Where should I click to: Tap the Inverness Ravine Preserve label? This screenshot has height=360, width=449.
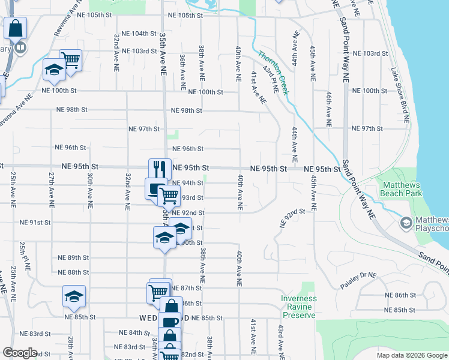pyautogui.click(x=299, y=307)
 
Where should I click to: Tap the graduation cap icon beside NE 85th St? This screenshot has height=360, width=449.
pyautogui.click(x=74, y=296)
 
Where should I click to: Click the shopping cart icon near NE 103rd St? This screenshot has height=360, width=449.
pyautogui.click(x=70, y=60)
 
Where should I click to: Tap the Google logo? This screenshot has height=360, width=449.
pyautogui.click(x=20, y=353)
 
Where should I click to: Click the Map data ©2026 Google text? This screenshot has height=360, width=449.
pyautogui.click(x=411, y=355)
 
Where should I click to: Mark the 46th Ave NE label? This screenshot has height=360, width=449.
pyautogui.click(x=329, y=109)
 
